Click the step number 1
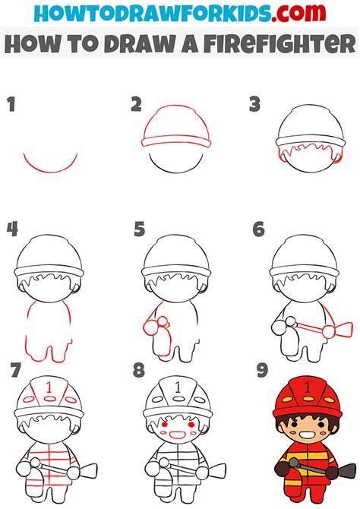point(11,105)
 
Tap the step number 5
point(139,229)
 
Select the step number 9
point(262,371)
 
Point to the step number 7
point(16,371)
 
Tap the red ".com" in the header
point(298,13)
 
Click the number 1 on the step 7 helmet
point(49,387)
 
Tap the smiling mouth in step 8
point(178,434)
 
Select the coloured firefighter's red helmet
point(308,398)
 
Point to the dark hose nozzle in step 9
point(347,469)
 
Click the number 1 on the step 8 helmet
point(178,387)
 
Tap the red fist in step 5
point(150,327)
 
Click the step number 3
point(255,105)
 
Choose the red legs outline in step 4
point(49,349)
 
